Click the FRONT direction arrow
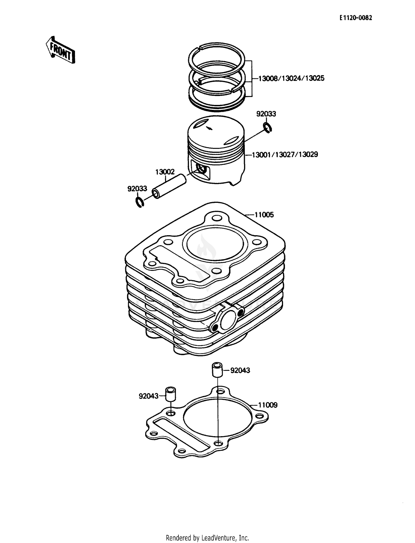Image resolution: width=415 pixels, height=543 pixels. point(60,50)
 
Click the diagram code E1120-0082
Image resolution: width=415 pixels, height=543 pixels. point(356,18)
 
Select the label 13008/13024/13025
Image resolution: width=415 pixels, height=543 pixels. point(291,78)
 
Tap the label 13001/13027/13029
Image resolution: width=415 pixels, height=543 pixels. point(285,154)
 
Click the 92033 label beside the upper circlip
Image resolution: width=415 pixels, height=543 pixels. point(266,114)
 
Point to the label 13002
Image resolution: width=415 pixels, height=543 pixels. point(165,172)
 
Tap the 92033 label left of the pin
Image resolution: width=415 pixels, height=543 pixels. point(137,189)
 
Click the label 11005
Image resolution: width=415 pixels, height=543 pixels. point(264,215)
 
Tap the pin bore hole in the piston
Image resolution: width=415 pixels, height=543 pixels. point(201,169)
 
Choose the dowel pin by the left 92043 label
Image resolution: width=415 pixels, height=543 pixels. point(171,396)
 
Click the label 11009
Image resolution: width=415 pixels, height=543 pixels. point(268,405)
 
